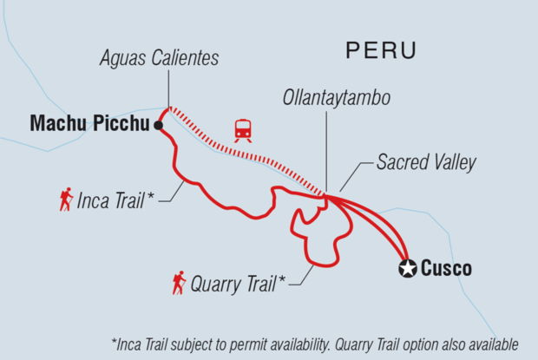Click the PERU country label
381,50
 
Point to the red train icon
243,130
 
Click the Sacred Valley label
426,163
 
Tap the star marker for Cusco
406,269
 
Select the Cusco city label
447,269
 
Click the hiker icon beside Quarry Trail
179,282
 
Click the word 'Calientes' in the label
187,59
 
